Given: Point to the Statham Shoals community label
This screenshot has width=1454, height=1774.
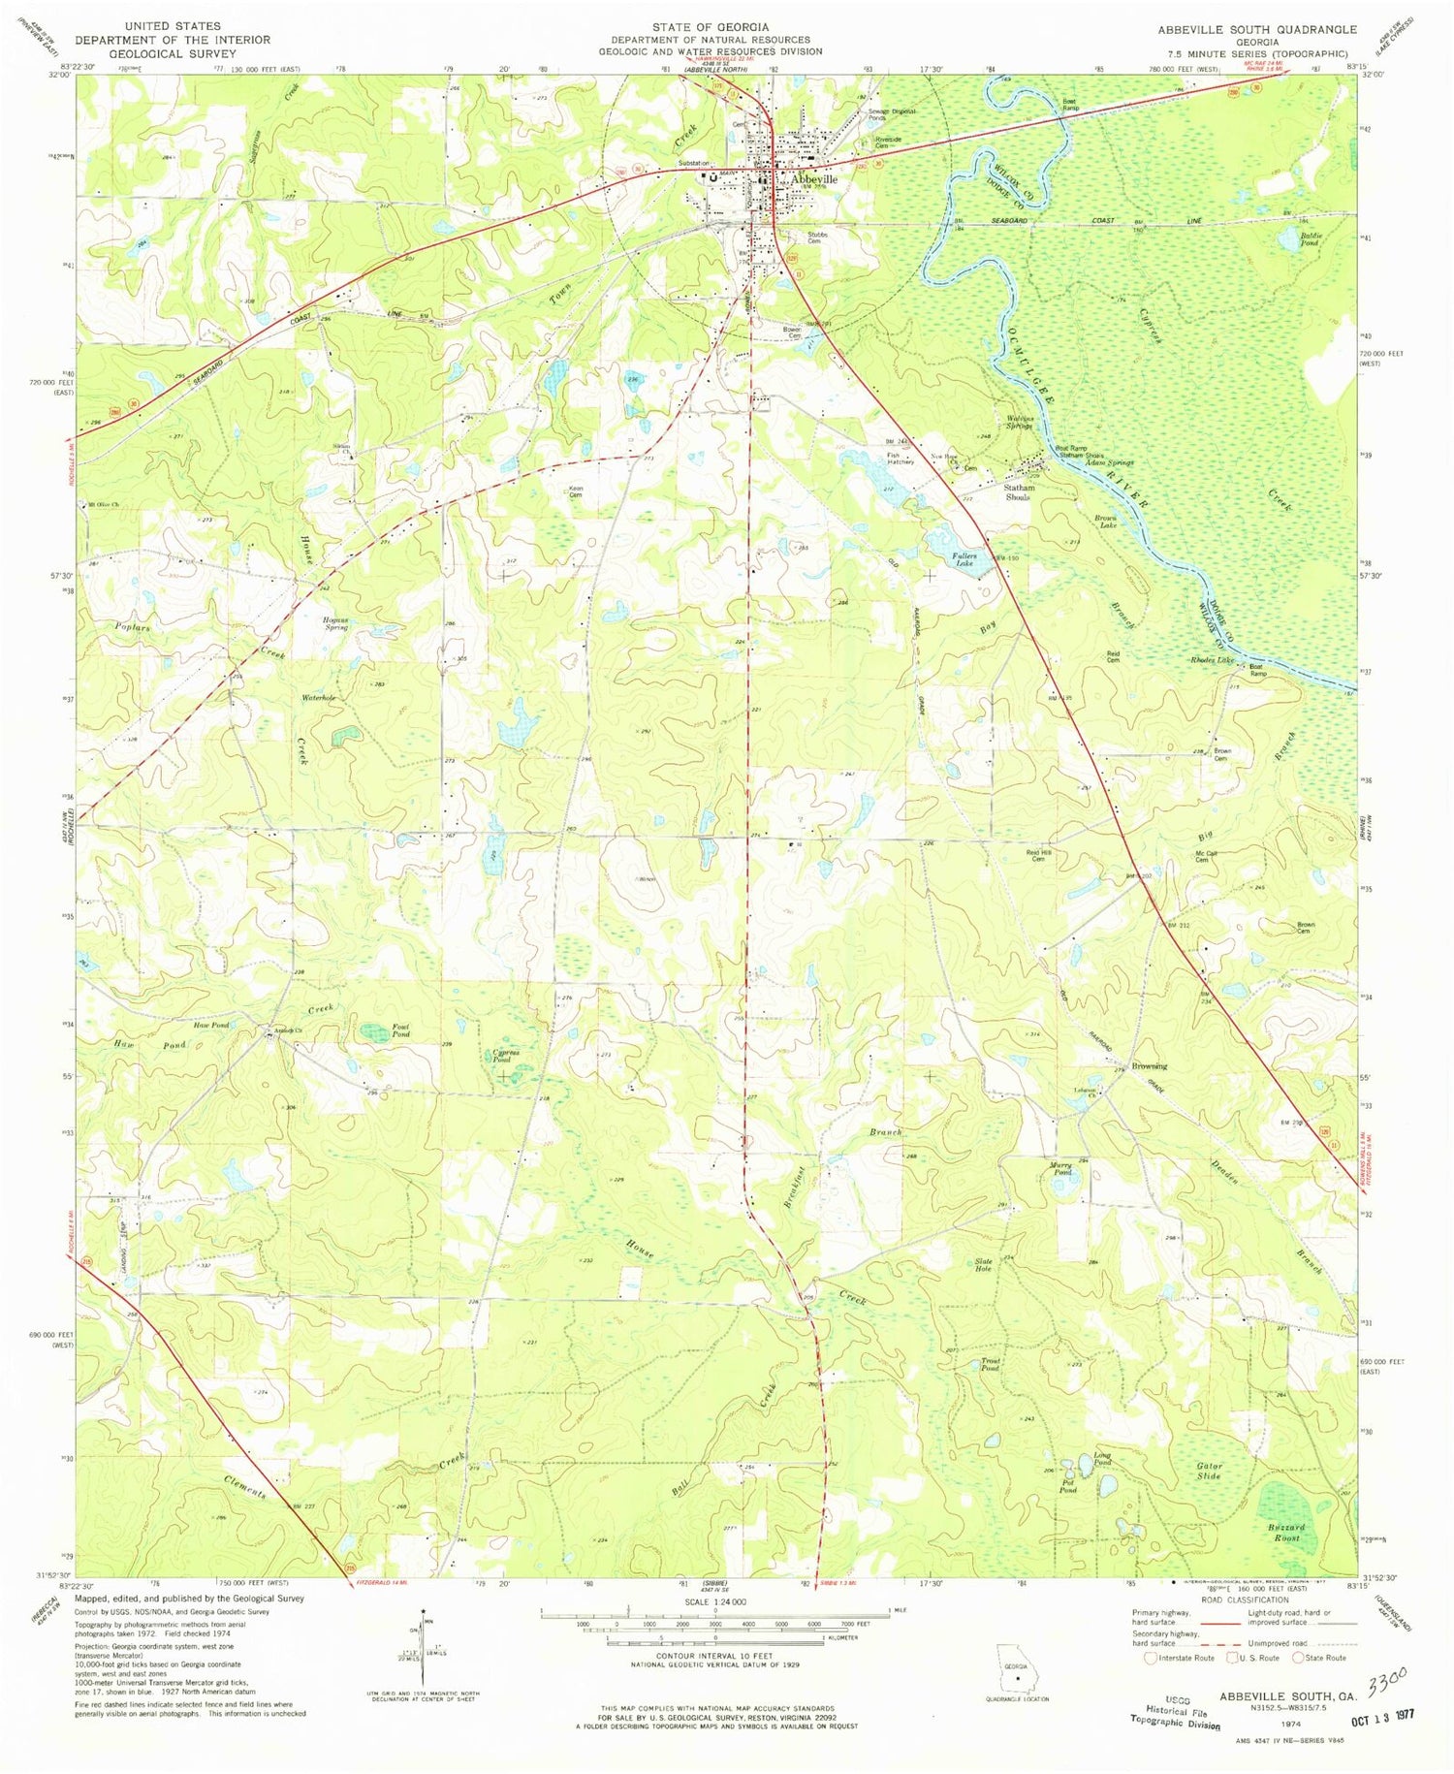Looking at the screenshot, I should pyautogui.click(x=1019, y=492).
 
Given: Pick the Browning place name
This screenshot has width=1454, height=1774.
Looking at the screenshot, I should pyautogui.click(x=1145, y=1066).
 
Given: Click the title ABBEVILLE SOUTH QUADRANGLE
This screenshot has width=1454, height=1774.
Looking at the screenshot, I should pyautogui.click(x=1256, y=30).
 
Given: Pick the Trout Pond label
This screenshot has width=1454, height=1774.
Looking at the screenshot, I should pyautogui.click(x=990, y=1365).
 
